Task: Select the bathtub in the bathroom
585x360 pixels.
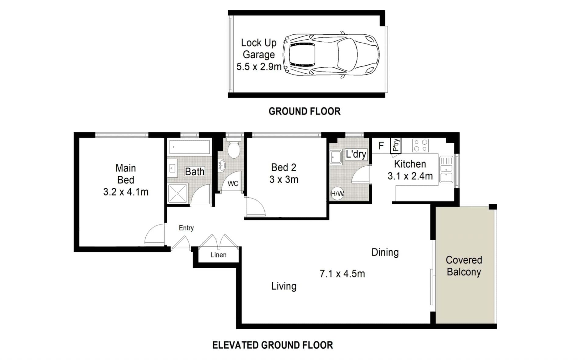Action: (x=190, y=147)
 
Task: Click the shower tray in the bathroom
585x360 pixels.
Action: (x=177, y=193)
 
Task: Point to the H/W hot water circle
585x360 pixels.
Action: (x=337, y=193)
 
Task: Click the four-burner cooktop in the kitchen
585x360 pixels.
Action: (x=420, y=145)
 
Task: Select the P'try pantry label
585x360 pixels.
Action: (x=396, y=145)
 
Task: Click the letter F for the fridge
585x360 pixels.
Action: (x=381, y=146)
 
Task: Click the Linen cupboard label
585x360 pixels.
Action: (x=218, y=255)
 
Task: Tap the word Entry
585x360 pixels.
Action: (x=186, y=228)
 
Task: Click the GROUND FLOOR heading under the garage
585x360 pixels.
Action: (x=304, y=111)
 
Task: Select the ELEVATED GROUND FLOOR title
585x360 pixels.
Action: (x=273, y=345)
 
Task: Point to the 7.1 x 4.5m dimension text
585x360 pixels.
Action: (x=342, y=274)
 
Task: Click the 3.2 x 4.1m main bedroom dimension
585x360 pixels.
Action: (x=126, y=192)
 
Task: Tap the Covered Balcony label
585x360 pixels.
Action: (x=464, y=266)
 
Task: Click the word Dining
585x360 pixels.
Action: (x=385, y=252)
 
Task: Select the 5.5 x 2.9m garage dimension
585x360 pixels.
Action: (x=259, y=67)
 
